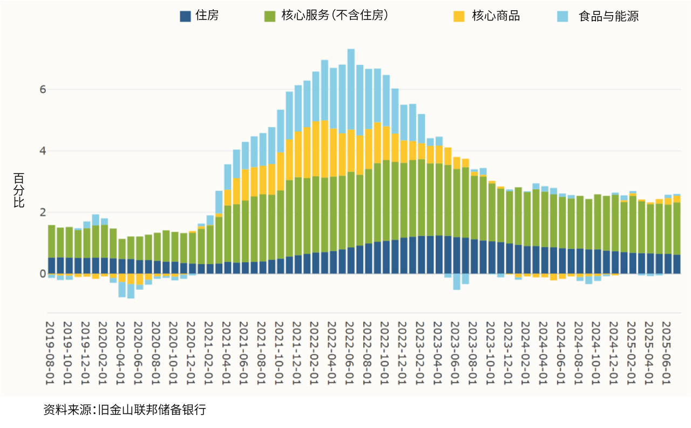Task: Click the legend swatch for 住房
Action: (x=185, y=16)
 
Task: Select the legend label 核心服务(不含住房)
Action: (x=334, y=16)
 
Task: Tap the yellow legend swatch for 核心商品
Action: (x=459, y=16)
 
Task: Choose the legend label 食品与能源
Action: (x=608, y=16)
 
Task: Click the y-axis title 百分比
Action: (x=19, y=190)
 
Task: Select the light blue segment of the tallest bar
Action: (x=351, y=89)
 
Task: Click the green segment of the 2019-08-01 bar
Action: (x=52, y=241)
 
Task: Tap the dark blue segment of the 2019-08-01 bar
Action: (x=52, y=265)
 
